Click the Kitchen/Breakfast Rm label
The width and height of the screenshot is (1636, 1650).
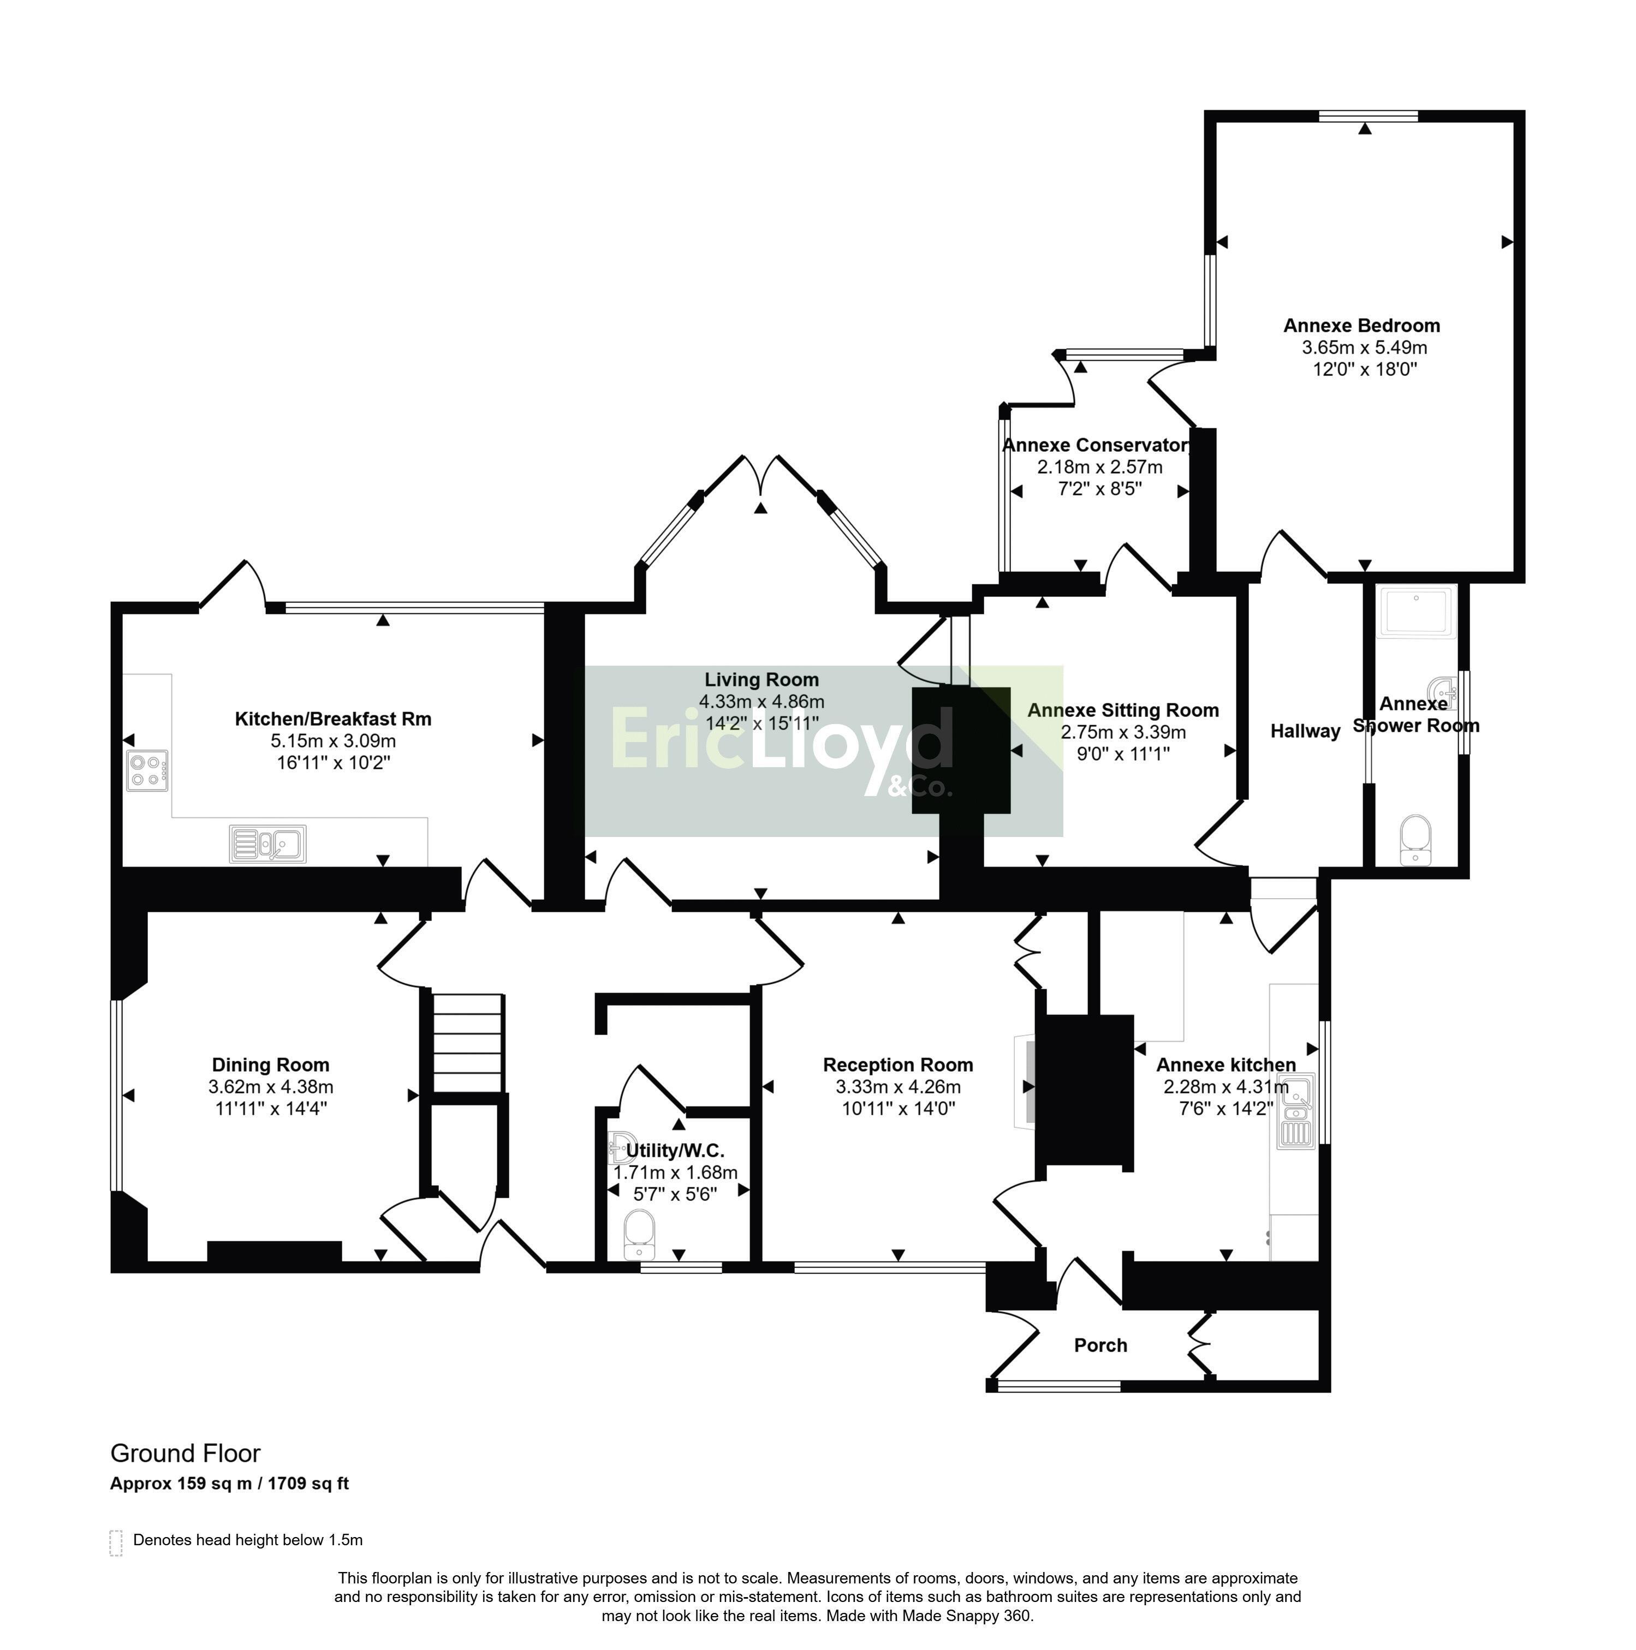(x=332, y=719)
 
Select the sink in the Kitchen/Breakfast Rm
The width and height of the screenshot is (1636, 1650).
(x=267, y=844)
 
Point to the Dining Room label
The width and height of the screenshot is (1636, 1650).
(x=270, y=1065)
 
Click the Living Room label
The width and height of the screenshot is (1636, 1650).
(x=761, y=680)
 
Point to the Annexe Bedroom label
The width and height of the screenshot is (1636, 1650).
(x=1362, y=325)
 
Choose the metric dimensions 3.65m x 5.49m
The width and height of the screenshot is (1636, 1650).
(x=1364, y=348)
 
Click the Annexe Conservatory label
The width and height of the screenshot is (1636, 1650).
(x=1096, y=445)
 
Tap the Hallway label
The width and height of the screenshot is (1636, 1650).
(x=1305, y=731)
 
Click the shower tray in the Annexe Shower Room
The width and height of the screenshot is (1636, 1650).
(x=1417, y=612)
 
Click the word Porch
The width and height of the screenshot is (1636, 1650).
(x=1100, y=1345)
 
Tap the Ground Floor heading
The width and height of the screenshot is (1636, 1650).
(x=186, y=1454)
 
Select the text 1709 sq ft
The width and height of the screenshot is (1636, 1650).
(x=308, y=1484)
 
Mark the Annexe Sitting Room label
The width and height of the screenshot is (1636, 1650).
(x=1122, y=710)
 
